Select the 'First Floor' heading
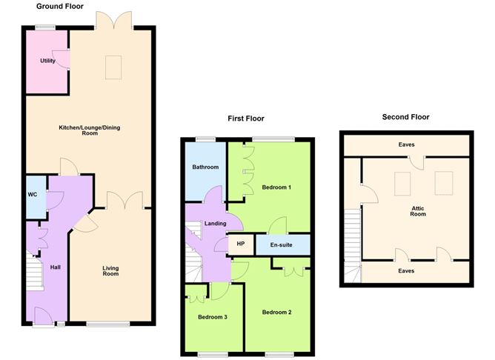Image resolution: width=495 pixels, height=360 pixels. [x=245, y=119]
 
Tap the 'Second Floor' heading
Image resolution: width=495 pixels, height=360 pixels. [x=405, y=117]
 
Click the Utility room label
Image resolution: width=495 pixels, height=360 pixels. [x=48, y=61]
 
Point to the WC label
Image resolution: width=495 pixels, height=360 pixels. [x=33, y=197]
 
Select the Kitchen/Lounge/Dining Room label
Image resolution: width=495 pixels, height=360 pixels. [x=89, y=130]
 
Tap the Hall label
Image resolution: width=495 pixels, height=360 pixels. [x=55, y=267]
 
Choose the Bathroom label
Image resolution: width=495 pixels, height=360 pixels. [x=205, y=167]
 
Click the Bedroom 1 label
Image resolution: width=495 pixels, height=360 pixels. [x=276, y=187]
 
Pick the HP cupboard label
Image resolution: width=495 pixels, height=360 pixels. [x=240, y=244]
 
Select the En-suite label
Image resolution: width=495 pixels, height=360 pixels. [x=282, y=244]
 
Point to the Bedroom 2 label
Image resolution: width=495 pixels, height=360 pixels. [x=276, y=312]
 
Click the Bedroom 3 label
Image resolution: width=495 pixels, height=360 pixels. [x=212, y=317]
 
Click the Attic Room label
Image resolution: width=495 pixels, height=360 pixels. [x=419, y=212]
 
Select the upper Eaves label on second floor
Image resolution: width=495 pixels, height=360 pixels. [x=405, y=145]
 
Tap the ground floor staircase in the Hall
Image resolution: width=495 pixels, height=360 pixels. [x=34, y=272]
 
